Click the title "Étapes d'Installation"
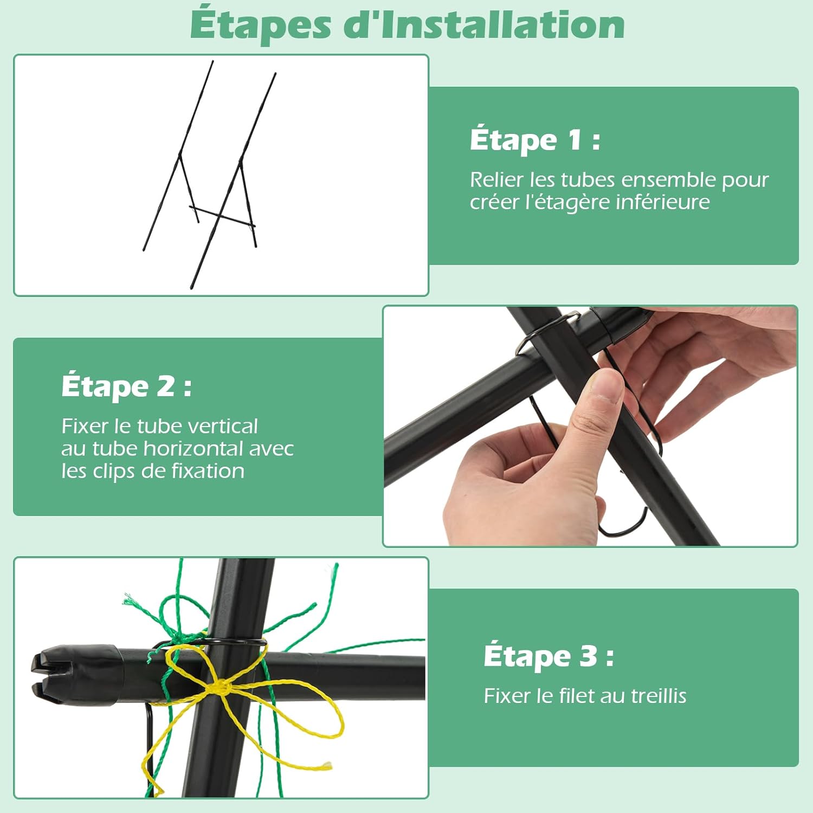pyautogui.click(x=408, y=24)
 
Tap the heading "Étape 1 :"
pyautogui.click(x=535, y=139)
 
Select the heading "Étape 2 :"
pyautogui.click(x=126, y=386)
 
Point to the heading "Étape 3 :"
pyautogui.click(x=549, y=656)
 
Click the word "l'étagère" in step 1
pyautogui.click(x=567, y=202)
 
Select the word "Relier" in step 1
pyautogui.click(x=496, y=179)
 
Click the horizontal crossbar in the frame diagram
pyautogui.click(x=222, y=216)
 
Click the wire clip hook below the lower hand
pyautogui.click(x=623, y=522)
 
